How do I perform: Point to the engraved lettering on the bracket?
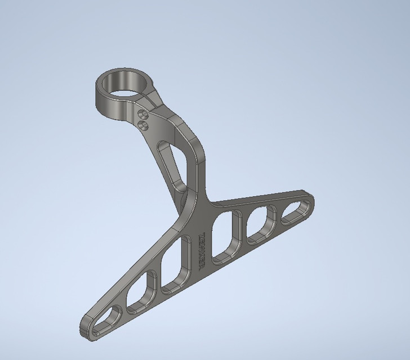point(202,251)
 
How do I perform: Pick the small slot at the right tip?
point(295,212)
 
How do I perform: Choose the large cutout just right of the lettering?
point(226,234)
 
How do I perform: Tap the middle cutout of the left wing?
point(141,292)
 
